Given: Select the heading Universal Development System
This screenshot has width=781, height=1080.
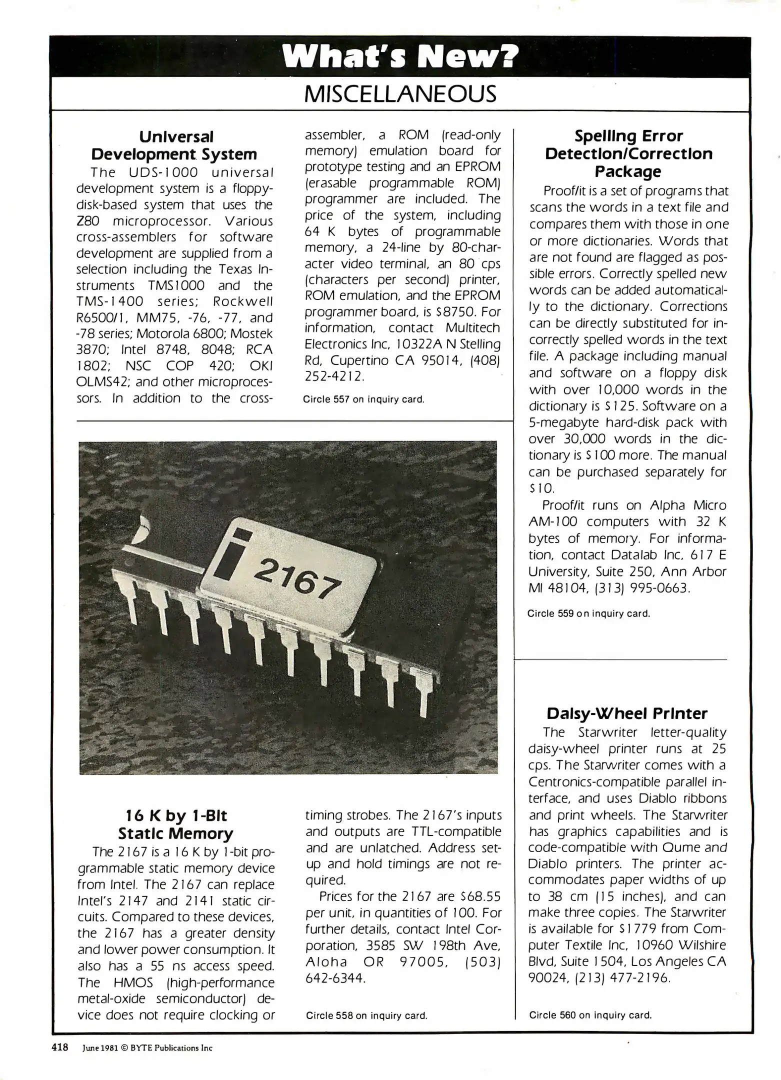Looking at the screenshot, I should pos(176,145).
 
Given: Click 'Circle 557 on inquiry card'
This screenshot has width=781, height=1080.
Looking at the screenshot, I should pos(364,399).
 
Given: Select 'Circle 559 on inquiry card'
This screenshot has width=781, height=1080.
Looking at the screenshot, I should pos(588,613).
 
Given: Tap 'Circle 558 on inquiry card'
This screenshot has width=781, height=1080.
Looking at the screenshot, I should pos(366,1015).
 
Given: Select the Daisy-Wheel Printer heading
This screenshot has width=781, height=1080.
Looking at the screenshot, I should pos(627,713).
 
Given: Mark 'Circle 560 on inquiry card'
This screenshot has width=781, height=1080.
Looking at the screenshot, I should pos(590,1015).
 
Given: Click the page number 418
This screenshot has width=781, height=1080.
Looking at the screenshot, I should pos(60,1047).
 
